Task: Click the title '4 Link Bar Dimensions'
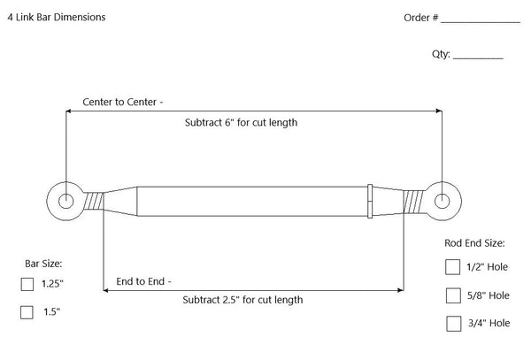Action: point(57,18)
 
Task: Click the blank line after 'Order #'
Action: point(481,19)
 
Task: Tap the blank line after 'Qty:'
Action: point(478,55)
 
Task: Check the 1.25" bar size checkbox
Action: point(27,284)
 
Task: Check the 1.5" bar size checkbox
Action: point(27,311)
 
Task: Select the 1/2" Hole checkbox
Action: point(453,267)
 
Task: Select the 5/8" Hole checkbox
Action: point(453,295)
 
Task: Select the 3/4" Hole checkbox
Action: point(453,323)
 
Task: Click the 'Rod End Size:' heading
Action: point(474,241)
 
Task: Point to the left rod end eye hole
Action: point(66,201)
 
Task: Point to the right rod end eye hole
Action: point(442,201)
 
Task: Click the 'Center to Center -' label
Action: point(122,102)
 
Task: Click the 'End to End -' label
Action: point(144,282)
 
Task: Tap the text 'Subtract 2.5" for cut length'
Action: point(242,300)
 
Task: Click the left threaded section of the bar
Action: point(92,201)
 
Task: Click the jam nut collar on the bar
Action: point(370,201)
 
